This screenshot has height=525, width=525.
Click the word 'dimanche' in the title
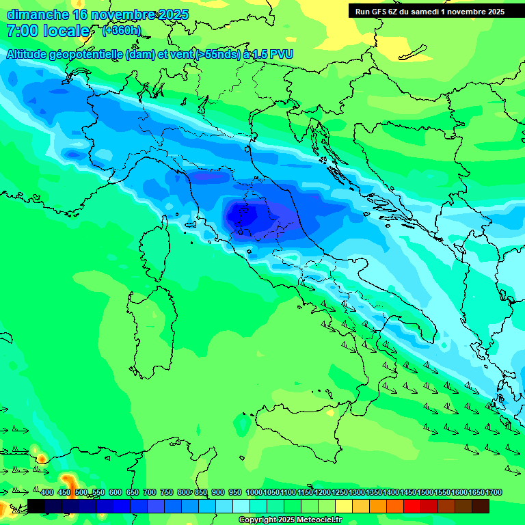pos(37,14)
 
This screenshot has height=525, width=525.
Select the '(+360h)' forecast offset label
pos(122,31)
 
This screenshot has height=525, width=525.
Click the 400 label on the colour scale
pos(47,493)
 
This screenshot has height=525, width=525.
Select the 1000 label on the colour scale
pos(254,493)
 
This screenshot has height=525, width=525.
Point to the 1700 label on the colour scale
pos(494,493)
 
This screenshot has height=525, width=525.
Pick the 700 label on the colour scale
pos(150,493)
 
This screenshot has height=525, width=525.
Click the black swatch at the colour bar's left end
pos(36,506)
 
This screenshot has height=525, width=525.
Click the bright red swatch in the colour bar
pos(412,506)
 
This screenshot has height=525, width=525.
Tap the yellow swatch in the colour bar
pos(344,506)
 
